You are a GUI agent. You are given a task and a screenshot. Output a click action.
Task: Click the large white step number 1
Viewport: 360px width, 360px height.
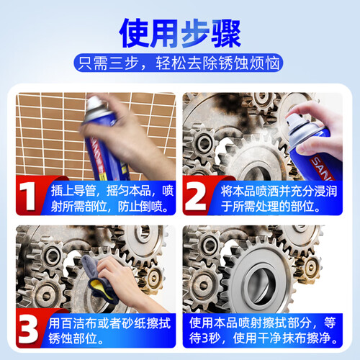click(27, 197)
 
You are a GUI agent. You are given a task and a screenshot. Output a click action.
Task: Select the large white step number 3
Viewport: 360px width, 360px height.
click(28, 330)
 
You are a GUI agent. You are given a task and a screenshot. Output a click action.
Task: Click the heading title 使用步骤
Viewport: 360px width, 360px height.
click(180, 33)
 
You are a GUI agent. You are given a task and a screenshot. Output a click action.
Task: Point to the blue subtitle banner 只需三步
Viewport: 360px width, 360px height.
click(179, 63)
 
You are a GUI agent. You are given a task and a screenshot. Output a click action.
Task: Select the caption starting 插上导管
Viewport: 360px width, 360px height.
click(112, 199)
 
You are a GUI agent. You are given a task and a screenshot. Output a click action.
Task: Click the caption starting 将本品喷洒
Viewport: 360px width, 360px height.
click(279, 199)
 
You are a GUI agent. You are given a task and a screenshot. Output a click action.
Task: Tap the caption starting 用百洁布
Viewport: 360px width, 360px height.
click(109, 330)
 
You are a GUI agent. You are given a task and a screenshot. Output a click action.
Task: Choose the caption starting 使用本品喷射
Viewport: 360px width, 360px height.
click(263, 330)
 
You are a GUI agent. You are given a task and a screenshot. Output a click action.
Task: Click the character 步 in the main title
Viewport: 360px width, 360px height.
click(195, 33)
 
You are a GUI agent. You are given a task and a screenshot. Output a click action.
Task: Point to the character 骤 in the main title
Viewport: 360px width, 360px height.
click(226, 33)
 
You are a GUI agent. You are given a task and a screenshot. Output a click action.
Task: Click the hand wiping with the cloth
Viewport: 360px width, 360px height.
click(127, 281)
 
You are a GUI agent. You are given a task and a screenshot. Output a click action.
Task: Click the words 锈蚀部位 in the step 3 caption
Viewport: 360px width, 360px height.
click(73, 338)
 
